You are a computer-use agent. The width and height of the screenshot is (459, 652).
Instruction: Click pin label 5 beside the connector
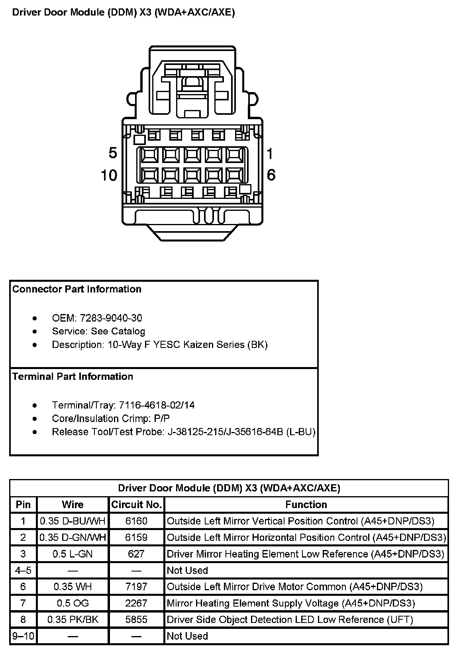(113, 153)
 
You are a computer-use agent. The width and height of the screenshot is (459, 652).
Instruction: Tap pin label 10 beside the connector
(109, 175)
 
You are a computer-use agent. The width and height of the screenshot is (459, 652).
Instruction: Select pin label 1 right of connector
(270, 153)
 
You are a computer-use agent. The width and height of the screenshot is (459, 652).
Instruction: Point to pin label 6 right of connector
(271, 175)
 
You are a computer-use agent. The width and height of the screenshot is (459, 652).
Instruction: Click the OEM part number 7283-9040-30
(111, 318)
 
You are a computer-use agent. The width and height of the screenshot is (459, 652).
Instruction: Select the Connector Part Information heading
(77, 289)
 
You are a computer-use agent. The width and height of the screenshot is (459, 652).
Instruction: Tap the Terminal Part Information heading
(73, 377)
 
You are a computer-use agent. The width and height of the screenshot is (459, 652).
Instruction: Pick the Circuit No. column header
(136, 505)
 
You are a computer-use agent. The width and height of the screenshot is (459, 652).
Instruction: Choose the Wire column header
(73, 505)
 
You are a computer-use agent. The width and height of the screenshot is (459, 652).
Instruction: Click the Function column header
(306, 505)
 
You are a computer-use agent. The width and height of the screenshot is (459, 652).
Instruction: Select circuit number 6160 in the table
(136, 521)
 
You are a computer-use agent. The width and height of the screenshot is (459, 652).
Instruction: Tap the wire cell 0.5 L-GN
(73, 554)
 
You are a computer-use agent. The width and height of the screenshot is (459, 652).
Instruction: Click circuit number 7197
(136, 587)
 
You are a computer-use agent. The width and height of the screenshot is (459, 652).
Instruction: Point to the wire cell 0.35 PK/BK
(73, 619)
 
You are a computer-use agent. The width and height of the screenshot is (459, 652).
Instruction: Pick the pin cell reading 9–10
(24, 636)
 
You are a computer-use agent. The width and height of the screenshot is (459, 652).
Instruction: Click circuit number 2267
(136, 603)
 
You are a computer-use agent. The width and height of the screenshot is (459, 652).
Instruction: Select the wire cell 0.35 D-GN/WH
(73, 538)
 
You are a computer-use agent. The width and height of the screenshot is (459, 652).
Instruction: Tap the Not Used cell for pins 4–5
(187, 570)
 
